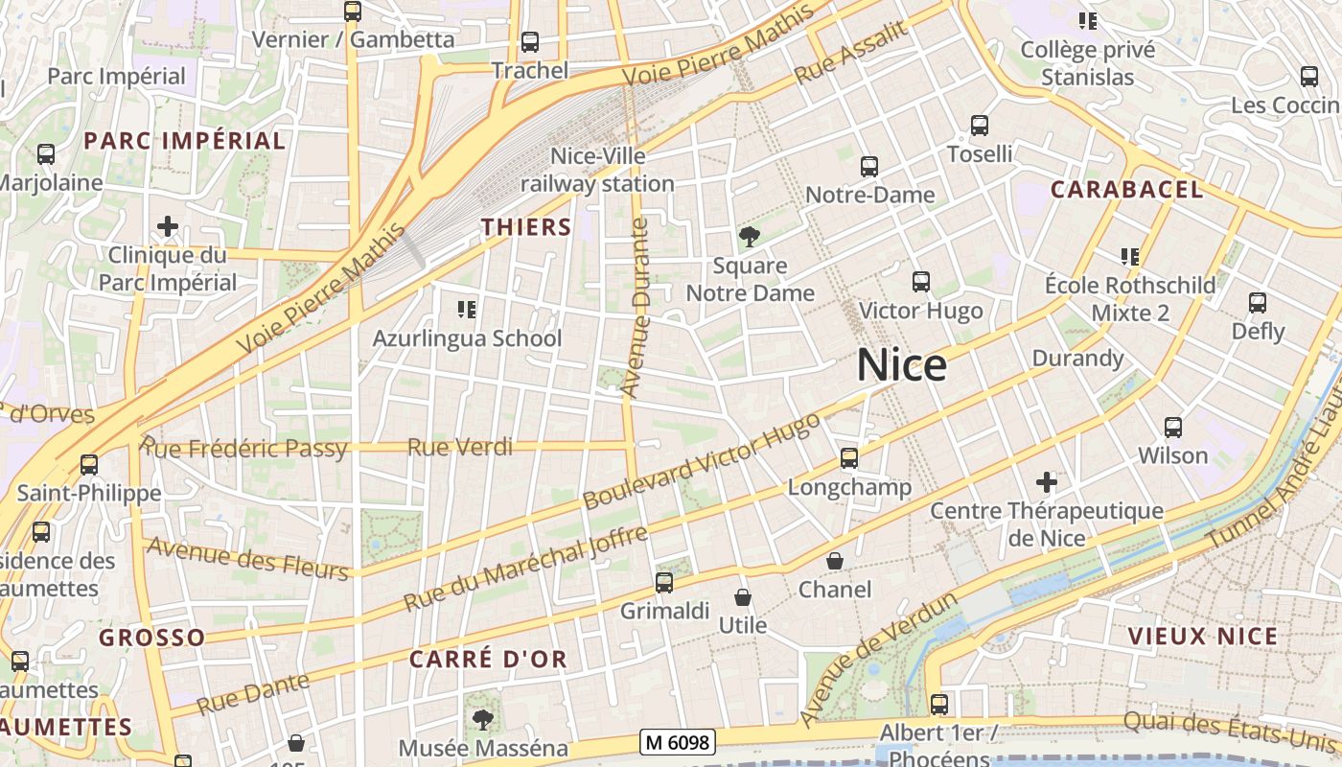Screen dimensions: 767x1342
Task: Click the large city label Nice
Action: [901, 365]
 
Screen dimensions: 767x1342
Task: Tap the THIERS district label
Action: [526, 227]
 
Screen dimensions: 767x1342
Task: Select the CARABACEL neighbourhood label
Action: [1126, 189]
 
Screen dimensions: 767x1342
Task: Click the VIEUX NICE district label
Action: [1203, 637]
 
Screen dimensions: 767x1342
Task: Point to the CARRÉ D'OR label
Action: [488, 659]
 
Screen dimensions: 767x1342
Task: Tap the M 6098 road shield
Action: [678, 741]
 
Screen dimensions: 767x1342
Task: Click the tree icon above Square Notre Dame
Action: [749, 236]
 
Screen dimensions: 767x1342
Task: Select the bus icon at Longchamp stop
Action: [849, 458]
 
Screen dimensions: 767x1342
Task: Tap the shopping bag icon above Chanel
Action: [835, 561]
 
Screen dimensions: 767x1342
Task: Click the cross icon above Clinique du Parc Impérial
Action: [168, 226]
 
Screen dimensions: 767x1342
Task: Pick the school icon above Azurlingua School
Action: [467, 309]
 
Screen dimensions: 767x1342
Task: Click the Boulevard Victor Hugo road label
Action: [702, 461]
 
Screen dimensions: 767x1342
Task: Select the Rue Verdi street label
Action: [460, 447]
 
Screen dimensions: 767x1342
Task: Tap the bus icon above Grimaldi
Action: [663, 582]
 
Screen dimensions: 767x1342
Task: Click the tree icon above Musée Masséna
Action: [483, 718]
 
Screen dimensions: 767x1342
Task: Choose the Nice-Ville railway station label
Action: [598, 169]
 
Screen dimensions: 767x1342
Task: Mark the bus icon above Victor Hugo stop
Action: [921, 282]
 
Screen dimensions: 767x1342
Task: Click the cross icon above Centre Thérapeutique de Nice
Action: [1047, 481]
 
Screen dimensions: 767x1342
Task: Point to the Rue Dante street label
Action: [253, 693]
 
